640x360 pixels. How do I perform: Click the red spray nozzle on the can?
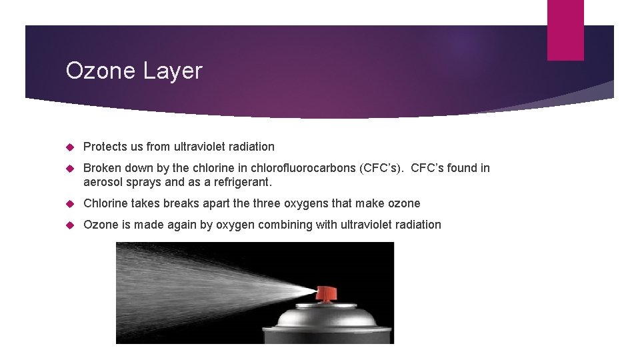327,293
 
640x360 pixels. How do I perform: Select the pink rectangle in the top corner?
565,30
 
